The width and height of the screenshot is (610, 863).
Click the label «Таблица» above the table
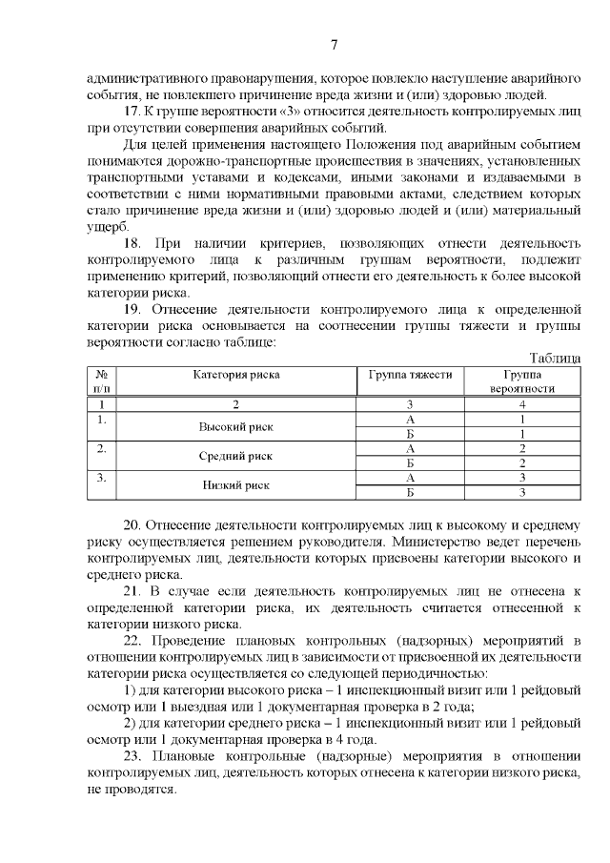[555, 357]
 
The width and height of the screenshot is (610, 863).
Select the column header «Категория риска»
[236, 375]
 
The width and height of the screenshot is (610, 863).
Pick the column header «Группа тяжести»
[410, 375]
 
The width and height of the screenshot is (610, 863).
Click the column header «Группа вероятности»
[522, 381]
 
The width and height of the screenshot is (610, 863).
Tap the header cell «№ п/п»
[102, 381]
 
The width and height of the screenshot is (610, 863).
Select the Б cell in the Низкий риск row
[410, 493]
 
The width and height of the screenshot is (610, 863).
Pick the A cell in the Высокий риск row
[410, 419]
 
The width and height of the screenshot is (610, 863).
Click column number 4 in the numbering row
[522, 404]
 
